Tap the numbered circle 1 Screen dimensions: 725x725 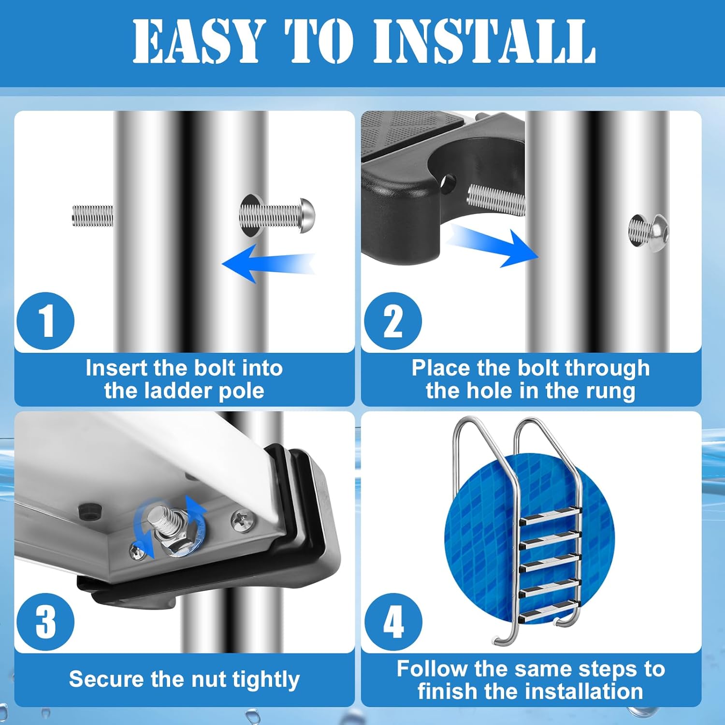pyautogui.click(x=45, y=321)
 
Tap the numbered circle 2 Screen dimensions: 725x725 pyautogui.click(x=392, y=321)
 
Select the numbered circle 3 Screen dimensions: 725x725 pyautogui.click(x=45, y=622)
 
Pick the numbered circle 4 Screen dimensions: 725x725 pyautogui.click(x=393, y=622)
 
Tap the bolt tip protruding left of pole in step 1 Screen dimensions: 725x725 pyautogui.click(x=92, y=216)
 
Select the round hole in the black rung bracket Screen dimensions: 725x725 pyautogui.click(x=448, y=183)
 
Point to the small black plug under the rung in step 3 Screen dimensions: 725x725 pyautogui.click(x=89, y=509)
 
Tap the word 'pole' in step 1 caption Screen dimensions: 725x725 pyautogui.click(x=241, y=391)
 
